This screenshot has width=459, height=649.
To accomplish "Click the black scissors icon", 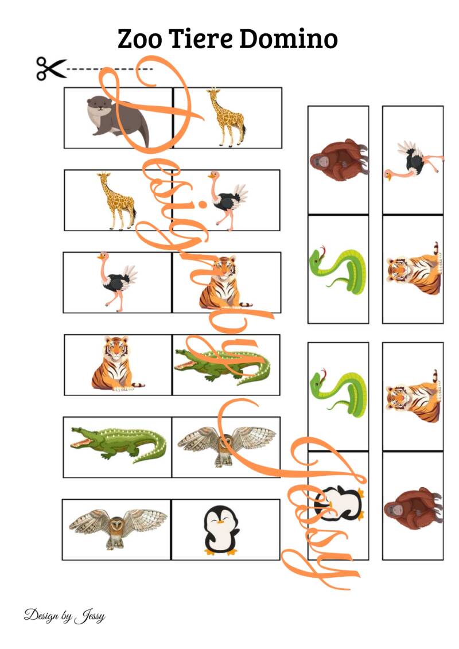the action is point(51,68).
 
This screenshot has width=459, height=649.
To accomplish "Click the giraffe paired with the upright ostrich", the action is point(116,201).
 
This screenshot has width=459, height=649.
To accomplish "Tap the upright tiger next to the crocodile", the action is point(116,363).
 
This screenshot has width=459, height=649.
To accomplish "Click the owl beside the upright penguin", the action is point(118,528).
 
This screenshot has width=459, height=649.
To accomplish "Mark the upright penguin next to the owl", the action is point(221,531).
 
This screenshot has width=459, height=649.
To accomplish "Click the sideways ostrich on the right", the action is point(413,161).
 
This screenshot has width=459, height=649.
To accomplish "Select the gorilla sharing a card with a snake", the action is point(339,160).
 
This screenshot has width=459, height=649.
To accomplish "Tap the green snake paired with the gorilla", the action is point(338,271).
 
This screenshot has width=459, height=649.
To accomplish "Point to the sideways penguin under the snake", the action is point(339,503).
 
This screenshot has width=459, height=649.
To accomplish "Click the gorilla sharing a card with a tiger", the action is point(413,508).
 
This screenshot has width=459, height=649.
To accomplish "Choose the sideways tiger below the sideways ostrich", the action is point(414,269).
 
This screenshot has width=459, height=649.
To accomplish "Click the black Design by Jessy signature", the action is point(65,616).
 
